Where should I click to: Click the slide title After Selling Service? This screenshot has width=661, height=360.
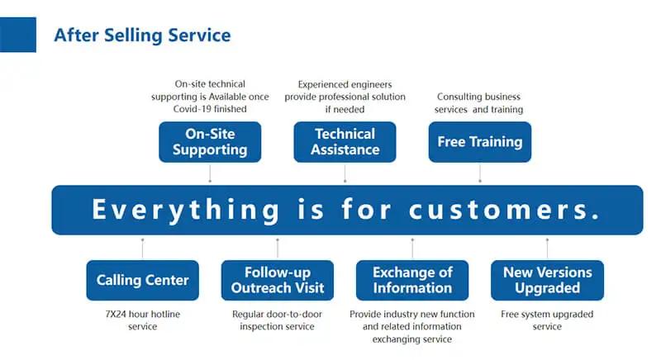click(141, 36)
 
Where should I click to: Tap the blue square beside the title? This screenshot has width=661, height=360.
click(17, 34)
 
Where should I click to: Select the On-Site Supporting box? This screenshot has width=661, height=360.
click(210, 142)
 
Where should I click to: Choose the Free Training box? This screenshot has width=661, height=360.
click(479, 142)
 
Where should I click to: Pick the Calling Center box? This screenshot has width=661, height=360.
click(142, 280)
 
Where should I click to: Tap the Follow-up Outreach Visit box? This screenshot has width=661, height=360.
click(278, 280)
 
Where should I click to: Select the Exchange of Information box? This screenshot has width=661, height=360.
click(412, 280)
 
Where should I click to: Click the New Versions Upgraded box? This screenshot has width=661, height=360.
click(547, 280)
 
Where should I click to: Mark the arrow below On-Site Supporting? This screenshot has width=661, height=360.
click(210, 173)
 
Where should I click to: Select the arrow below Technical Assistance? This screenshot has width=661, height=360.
click(345, 173)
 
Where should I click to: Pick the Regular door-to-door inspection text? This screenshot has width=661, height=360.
click(278, 320)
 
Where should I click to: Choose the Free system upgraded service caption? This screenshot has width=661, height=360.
click(547, 320)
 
